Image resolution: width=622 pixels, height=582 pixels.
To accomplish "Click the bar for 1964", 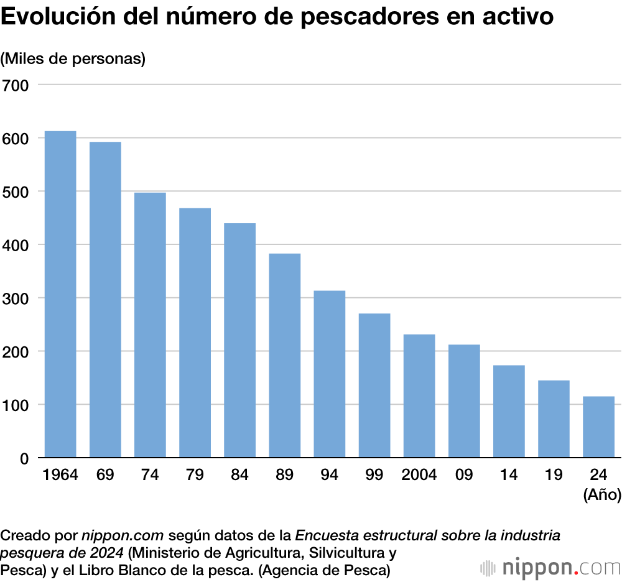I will [x=60, y=295].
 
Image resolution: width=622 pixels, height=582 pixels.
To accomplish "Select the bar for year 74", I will [x=150, y=325].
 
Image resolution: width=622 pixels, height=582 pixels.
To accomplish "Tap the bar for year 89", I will [x=284, y=356].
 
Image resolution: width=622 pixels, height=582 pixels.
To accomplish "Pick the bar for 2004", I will [x=419, y=396].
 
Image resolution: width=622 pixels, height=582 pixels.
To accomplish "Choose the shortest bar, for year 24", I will [x=598, y=427].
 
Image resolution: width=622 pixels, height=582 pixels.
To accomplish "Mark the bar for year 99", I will [x=374, y=386].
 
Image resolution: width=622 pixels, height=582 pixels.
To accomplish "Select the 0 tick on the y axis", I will [x=24, y=458].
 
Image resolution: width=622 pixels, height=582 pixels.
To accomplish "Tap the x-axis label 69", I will [x=105, y=476].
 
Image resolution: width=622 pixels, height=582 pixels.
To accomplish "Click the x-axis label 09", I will [x=463, y=476].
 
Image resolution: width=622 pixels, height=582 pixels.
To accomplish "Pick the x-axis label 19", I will [x=553, y=476].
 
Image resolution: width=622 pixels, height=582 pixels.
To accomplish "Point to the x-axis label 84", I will [x=239, y=476].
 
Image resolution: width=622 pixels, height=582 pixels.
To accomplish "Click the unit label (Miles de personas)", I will [x=73, y=59].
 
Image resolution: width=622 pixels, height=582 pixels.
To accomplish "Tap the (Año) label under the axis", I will [x=602, y=495].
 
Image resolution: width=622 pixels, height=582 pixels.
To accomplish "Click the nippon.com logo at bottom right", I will [x=550, y=567].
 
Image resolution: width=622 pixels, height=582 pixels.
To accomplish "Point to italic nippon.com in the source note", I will [x=123, y=535].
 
